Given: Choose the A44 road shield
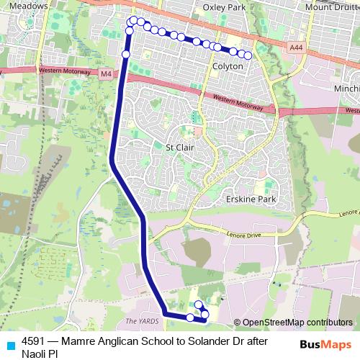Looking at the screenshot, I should [x=294, y=48].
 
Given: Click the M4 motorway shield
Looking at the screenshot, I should [x=107, y=73].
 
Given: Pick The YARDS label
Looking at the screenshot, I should [x=140, y=321].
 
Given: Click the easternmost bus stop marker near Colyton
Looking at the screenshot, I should [x=248, y=55].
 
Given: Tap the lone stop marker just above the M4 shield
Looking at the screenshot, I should [x=126, y=54].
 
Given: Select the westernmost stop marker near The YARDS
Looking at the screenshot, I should [x=190, y=318].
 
